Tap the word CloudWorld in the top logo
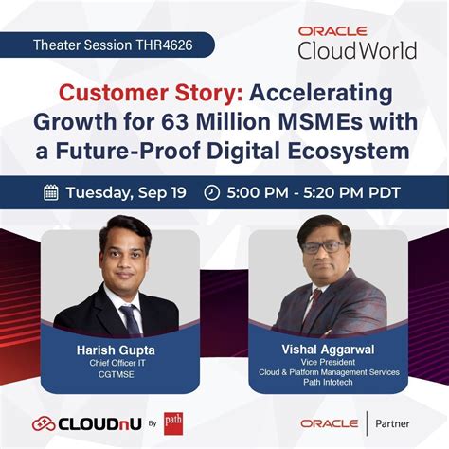(356, 50)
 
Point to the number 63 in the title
(201, 122)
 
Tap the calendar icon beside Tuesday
(51, 192)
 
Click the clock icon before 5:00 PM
(211, 192)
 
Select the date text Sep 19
(162, 192)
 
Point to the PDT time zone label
(379, 192)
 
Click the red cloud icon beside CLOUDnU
(44, 423)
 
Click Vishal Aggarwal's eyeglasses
(325, 248)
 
